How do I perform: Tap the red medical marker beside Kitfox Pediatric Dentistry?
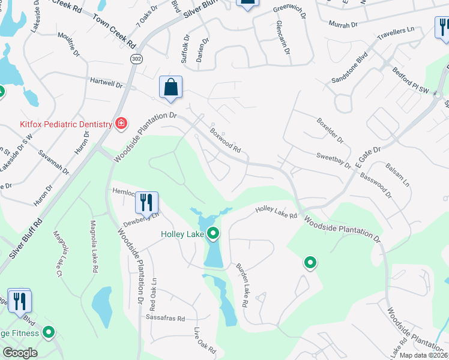click(x=121, y=124)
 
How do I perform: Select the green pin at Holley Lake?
click(x=213, y=234)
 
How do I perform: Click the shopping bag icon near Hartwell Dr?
click(x=170, y=88)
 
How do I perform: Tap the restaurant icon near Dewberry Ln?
click(x=146, y=203)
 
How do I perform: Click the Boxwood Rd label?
click(x=225, y=139)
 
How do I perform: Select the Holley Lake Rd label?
click(x=276, y=211)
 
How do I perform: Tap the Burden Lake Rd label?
click(x=242, y=286)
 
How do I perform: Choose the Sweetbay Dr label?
click(x=333, y=160)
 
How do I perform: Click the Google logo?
click(x=20, y=353)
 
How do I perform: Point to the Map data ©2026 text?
click(x=423, y=355)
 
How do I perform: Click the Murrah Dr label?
click(x=343, y=25)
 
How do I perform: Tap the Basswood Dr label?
click(x=376, y=185)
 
